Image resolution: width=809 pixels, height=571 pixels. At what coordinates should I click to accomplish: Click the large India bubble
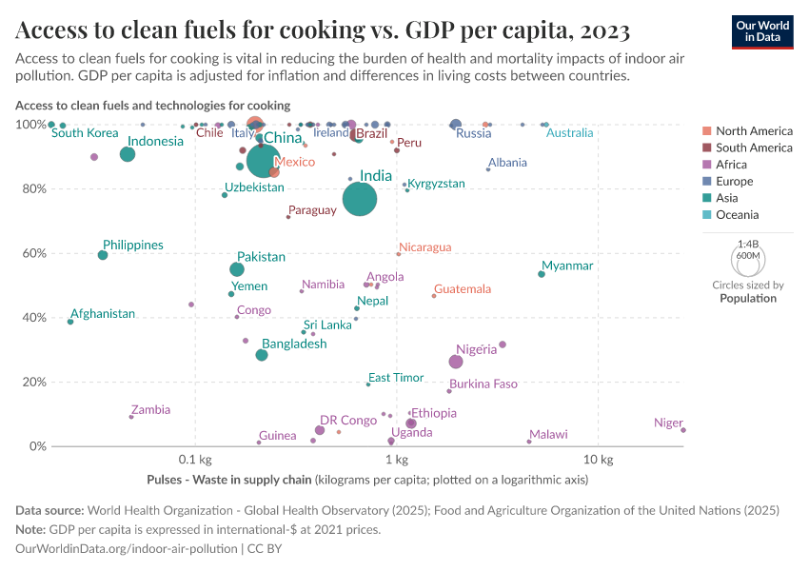(x=360, y=199)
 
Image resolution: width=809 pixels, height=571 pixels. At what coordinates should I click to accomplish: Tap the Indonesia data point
(x=128, y=154)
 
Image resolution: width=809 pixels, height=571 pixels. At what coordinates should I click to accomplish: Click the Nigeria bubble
(x=456, y=362)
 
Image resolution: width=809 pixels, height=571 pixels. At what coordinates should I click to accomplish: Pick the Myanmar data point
(x=542, y=274)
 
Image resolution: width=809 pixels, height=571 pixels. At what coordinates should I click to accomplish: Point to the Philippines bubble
(x=103, y=255)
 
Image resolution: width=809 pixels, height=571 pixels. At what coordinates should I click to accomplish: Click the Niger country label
(x=668, y=423)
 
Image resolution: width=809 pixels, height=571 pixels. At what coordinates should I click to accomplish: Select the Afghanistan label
(x=103, y=313)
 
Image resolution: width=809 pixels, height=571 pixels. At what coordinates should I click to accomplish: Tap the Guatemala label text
(x=463, y=288)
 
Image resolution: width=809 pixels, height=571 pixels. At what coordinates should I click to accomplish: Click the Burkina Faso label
(x=483, y=384)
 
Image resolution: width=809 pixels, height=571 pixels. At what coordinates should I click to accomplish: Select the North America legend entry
(x=754, y=130)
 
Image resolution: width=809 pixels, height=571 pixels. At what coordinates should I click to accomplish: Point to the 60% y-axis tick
(x=33, y=253)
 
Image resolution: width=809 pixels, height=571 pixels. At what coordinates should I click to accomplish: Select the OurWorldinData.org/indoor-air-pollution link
(x=127, y=549)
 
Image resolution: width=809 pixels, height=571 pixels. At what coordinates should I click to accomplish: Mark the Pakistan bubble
(x=237, y=269)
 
